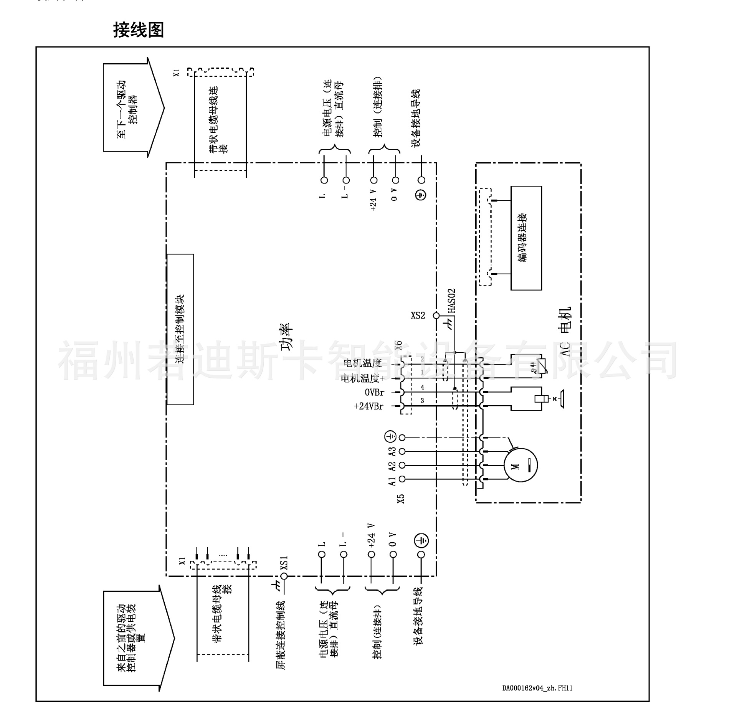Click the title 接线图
point(139,30)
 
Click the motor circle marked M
point(520,465)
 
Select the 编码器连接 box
point(525,238)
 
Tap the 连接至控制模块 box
point(180,329)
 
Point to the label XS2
point(418,315)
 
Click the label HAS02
point(452,301)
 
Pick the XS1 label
point(284,563)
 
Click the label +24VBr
point(368,406)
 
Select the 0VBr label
point(374,393)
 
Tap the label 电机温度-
point(365,363)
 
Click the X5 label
point(401,499)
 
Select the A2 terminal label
point(392,466)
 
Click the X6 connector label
point(399,345)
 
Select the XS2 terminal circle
point(436,315)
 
